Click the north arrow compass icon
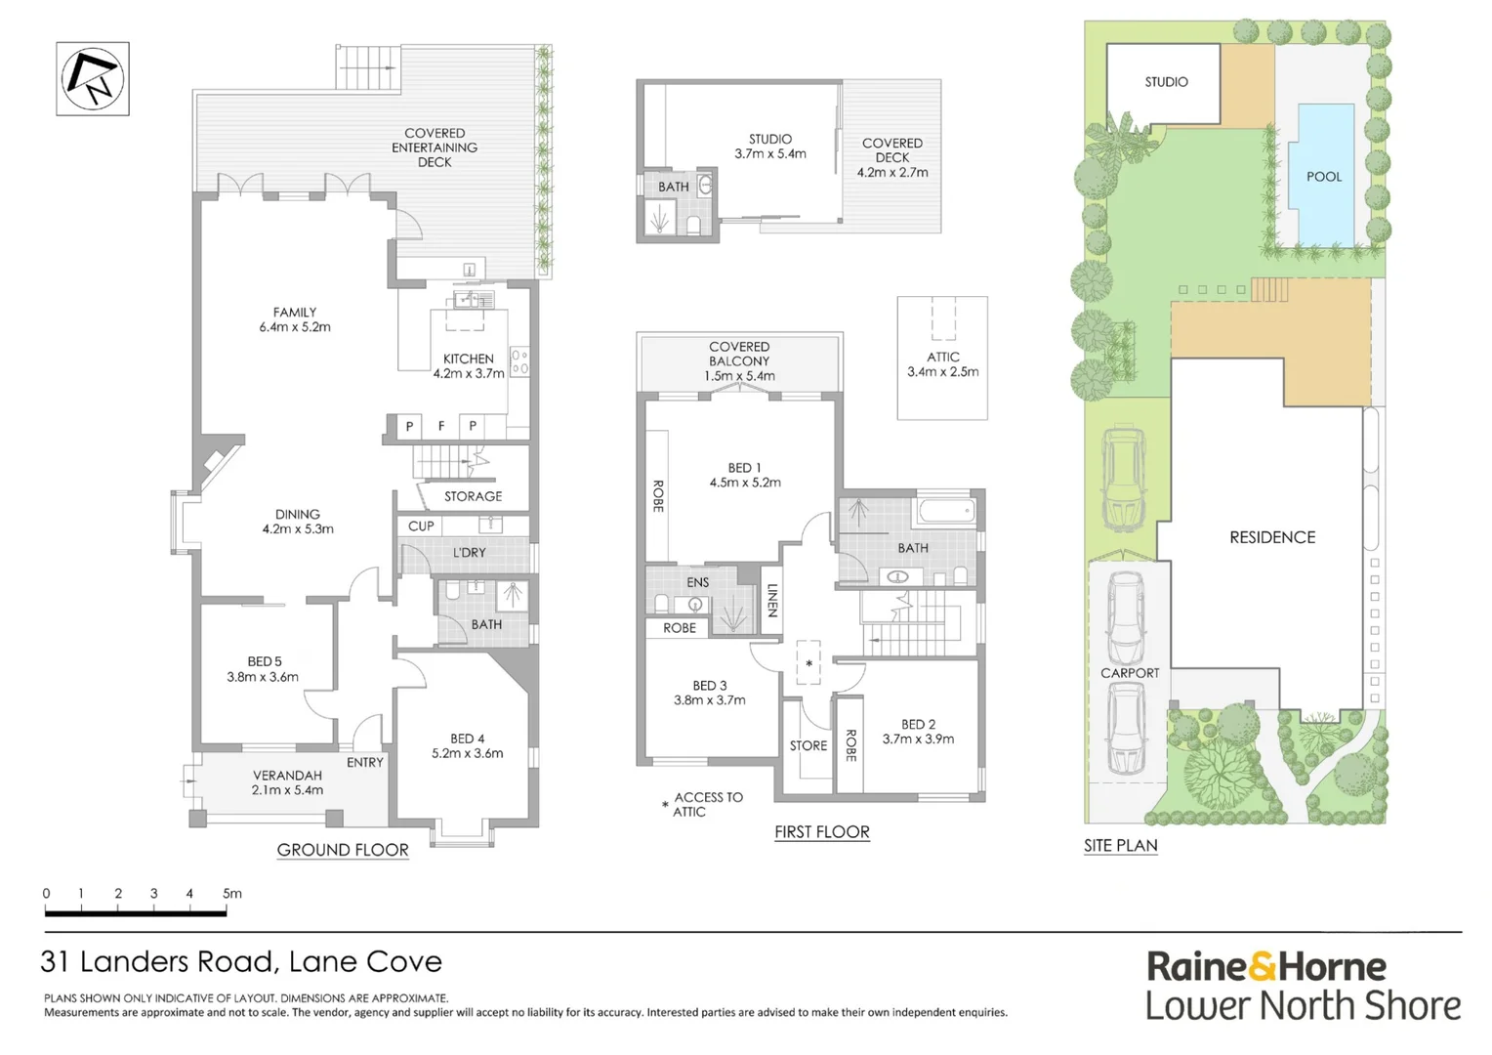tap(93, 78)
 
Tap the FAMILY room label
tap(295, 319)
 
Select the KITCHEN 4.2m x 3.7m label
tap(469, 365)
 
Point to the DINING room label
tap(298, 522)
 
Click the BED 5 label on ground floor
tap(264, 669)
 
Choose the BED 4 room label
tap(468, 745)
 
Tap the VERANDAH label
tap(287, 782)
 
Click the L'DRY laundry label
tap(470, 552)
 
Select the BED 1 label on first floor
tap(745, 475)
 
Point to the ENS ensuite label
tap(697, 582)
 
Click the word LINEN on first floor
tap(772, 601)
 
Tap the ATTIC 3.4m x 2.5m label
tap(943, 364)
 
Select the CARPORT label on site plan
tap(1130, 673)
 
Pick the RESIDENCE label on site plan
tap(1272, 537)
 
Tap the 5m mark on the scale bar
tap(231, 893)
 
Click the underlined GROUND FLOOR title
tap(343, 850)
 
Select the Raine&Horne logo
tap(1265, 967)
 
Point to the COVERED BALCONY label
tap(739, 360)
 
